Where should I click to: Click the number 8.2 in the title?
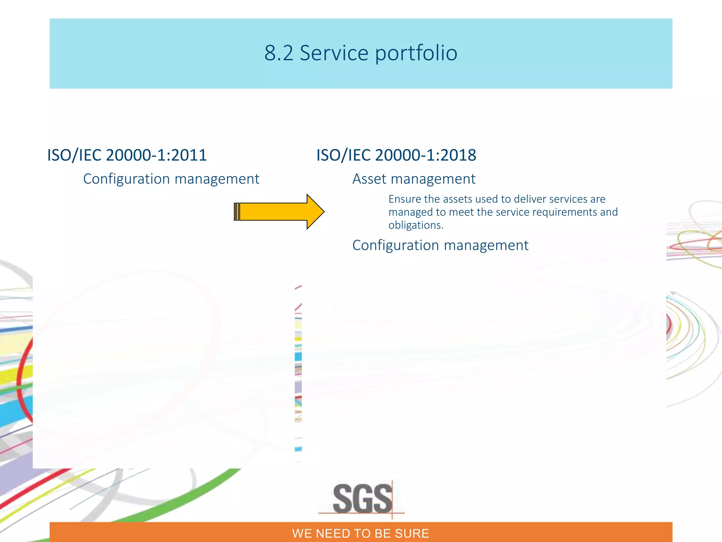coord(279,53)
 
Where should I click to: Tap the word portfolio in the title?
coord(416,53)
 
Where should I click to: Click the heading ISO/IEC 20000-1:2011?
coord(127,155)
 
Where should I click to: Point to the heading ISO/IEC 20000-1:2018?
coord(396,155)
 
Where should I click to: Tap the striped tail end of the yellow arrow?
coord(237,212)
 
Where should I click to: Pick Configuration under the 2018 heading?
coord(396,245)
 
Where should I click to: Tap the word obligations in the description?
coord(416,225)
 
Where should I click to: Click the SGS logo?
coord(362,499)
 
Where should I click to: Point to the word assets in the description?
coord(458,199)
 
